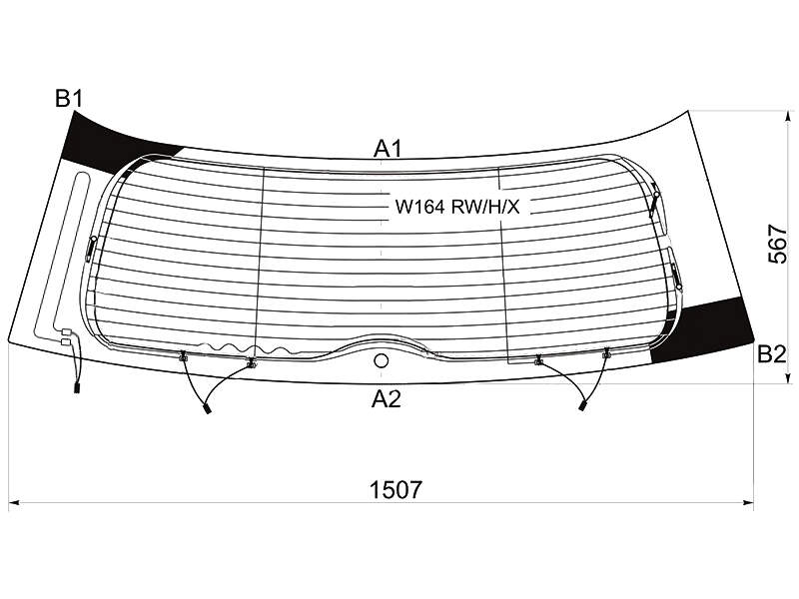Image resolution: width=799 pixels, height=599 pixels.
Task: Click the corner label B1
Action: [x=69, y=98]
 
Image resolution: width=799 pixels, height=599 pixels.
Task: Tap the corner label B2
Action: [x=772, y=353]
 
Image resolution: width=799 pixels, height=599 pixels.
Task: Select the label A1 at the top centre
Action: [x=388, y=149]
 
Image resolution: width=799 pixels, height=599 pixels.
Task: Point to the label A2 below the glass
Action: [x=387, y=399]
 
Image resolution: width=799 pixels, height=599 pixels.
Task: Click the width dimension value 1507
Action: [x=396, y=490]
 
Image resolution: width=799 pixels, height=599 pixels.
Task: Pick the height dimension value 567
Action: [x=778, y=244]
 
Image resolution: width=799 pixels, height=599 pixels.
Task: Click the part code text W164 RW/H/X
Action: [x=457, y=207]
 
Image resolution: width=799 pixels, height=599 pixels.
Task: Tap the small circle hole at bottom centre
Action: [x=381, y=361]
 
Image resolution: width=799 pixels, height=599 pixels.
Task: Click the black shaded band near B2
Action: [x=706, y=331]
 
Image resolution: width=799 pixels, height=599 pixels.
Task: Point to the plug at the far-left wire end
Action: [x=77, y=387]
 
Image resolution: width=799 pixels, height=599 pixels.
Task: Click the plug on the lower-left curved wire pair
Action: [x=207, y=408]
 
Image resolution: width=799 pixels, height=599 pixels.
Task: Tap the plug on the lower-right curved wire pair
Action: [x=582, y=405]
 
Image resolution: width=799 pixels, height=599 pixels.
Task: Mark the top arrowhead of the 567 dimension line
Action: [x=788, y=117]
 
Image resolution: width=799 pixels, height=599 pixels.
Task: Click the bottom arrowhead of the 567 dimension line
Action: [x=788, y=377]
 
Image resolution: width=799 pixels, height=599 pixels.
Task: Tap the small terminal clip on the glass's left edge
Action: [x=92, y=248]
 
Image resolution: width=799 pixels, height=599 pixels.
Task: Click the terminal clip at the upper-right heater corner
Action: [x=654, y=203]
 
